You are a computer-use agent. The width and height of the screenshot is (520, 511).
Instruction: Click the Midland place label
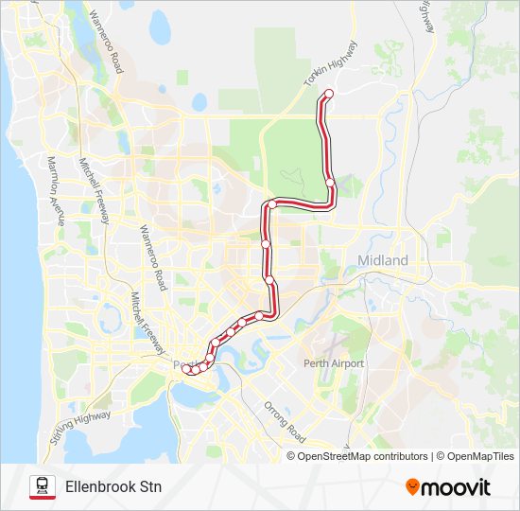click(x=383, y=260)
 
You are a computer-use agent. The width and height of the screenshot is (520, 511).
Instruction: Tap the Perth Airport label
click(x=334, y=363)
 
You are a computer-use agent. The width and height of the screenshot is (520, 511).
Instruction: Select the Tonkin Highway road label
click(x=332, y=66)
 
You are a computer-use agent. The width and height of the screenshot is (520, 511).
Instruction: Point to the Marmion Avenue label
click(x=53, y=189)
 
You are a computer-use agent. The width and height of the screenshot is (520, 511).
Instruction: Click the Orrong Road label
click(x=285, y=422)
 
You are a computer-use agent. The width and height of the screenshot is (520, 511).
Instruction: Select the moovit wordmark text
click(x=458, y=487)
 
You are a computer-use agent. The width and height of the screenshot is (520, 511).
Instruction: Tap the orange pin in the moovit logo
click(x=412, y=487)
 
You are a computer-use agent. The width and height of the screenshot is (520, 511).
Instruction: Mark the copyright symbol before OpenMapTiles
click(x=440, y=456)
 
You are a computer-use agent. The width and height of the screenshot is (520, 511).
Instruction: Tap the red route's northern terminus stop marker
click(x=329, y=93)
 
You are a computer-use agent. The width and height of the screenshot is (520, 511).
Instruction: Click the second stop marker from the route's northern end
click(x=329, y=183)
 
